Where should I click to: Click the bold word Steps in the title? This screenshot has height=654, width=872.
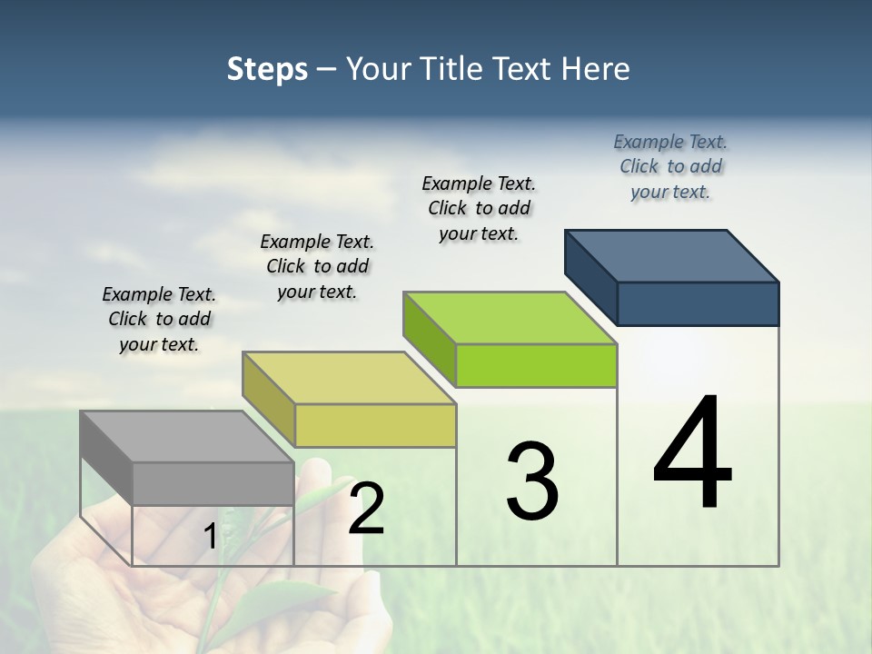tap(267, 69)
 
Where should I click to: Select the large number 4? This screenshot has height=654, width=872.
tap(692, 453)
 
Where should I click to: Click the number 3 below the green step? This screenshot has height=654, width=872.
tap(532, 481)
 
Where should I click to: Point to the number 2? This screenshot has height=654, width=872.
tap(366, 510)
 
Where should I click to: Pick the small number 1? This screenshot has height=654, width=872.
tap(210, 537)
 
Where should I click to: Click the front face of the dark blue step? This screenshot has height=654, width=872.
tap(698, 303)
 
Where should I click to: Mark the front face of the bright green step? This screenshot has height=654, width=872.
tap(536, 366)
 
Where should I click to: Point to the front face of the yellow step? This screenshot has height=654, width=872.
tap(375, 425)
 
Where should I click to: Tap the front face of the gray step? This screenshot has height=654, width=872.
tap(213, 483)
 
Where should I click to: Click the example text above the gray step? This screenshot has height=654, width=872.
tap(159, 319)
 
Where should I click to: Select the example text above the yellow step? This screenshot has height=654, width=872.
tap(317, 266)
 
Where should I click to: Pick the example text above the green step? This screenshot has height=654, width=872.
tap(479, 208)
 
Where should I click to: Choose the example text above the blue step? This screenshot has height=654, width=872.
tap(670, 166)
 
